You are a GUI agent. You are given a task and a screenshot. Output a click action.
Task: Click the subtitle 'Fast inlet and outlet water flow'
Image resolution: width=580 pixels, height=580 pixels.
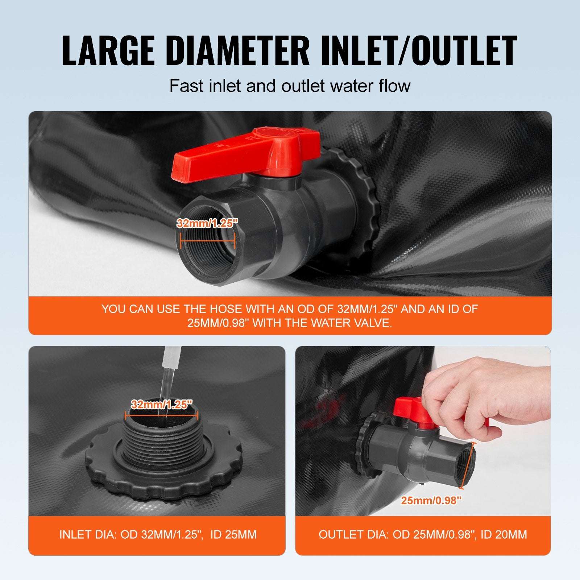click(290, 86)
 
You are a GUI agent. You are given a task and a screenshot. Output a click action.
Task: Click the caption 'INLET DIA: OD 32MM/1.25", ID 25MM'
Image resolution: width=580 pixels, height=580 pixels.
click(158, 534)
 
